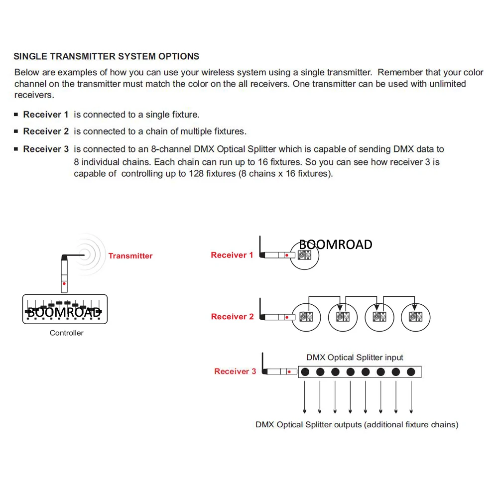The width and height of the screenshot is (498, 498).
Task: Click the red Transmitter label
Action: [130, 256]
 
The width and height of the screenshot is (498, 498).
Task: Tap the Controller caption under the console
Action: [67, 333]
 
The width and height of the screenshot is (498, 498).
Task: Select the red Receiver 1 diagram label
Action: [232, 255]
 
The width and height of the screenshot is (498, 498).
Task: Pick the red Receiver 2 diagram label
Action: [232, 317]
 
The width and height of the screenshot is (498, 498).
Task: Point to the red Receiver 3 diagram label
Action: [235, 372]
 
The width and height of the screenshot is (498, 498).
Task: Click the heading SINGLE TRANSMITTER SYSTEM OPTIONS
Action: [107, 56]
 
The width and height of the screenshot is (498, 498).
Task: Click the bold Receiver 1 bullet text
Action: [46, 115]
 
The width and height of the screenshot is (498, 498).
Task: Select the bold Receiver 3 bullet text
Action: [46, 149]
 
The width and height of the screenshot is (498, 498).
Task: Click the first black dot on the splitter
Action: [305, 372]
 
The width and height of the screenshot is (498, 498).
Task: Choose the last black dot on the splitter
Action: [411, 372]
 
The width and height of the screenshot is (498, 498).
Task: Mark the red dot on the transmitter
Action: [64, 284]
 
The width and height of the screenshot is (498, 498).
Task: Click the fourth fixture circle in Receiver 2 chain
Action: [415, 317]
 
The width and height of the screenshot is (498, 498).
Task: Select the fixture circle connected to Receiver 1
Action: [304, 256]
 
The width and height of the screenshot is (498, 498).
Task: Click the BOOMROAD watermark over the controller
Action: [63, 312]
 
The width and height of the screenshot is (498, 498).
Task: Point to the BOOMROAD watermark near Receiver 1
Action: [335, 245]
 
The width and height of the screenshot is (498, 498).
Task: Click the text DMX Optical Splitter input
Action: [355, 358]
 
